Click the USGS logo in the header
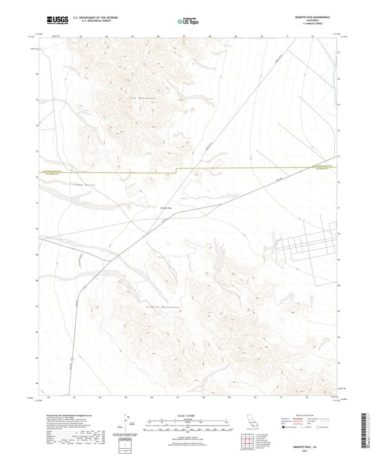point(56,20)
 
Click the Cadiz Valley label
point(83,185)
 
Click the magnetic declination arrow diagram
point(126,423)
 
